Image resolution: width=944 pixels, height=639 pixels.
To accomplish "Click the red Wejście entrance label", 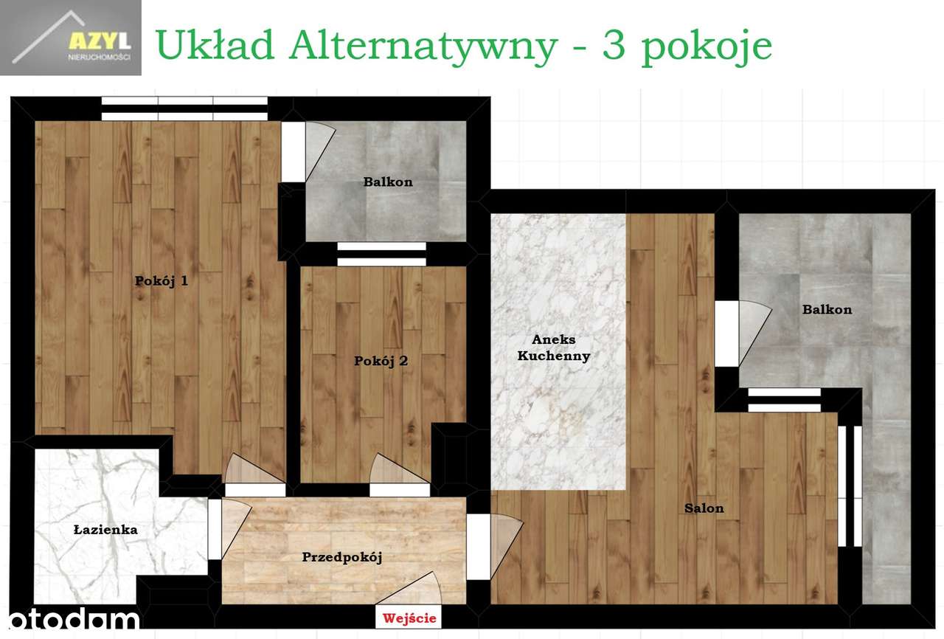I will point(409,618).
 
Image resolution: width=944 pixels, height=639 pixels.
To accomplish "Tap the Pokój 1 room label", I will point(162,280).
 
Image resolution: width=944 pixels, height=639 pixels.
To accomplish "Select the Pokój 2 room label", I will point(381,362).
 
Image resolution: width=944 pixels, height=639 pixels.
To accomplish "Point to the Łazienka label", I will point(105,529).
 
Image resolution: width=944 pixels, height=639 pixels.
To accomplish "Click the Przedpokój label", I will point(341,557).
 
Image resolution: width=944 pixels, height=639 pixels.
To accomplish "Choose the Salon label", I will point(704,508).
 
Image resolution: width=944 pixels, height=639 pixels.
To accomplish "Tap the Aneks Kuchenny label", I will point(553,348).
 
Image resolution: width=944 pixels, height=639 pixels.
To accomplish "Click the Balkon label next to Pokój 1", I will point(388,182).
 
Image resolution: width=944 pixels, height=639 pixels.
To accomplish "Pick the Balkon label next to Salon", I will point(827,309).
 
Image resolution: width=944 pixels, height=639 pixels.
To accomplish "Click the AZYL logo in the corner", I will point(71,39).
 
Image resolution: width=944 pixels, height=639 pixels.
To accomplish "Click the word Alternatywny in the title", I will point(423,46).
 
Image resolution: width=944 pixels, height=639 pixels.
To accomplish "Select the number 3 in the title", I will point(614,46).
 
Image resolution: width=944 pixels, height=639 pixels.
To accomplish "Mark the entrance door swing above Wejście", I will point(409,590).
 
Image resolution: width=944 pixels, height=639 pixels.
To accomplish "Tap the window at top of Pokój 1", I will point(184,108).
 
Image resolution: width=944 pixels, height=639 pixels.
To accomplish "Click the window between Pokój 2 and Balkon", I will point(381,255).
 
